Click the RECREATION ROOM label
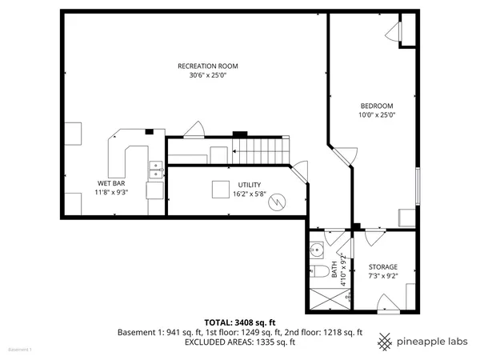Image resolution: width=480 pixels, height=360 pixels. [x=207, y=66]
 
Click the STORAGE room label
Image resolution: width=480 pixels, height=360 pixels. [x=382, y=266]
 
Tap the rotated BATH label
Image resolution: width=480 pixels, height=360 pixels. [x=334, y=270]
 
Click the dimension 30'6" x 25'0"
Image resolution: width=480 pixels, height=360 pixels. [x=207, y=75]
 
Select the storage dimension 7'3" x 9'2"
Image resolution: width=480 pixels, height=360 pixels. [x=382, y=276]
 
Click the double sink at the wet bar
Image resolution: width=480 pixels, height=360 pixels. [x=156, y=168]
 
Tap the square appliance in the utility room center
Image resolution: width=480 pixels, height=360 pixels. [x=220, y=190]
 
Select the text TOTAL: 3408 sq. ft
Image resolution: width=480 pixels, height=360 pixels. [x=240, y=322]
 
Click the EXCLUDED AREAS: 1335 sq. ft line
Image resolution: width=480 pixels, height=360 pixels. [x=240, y=342]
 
